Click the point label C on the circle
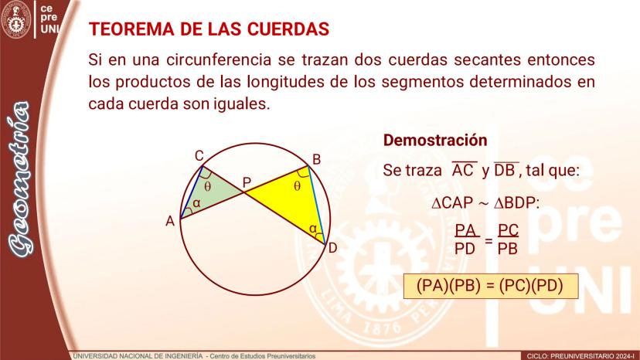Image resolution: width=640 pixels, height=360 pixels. [199, 156]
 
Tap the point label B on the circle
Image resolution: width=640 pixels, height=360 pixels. [316, 160]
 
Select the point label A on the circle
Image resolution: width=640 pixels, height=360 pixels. [170, 221]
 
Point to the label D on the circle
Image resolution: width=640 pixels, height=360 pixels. [332, 248]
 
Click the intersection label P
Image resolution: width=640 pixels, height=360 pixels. [247, 182]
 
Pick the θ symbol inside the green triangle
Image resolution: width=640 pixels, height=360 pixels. [208, 187]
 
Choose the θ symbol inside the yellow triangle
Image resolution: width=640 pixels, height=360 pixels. [297, 186]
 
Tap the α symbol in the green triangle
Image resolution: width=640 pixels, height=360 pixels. [196, 203]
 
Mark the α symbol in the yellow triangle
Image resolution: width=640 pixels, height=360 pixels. [313, 229]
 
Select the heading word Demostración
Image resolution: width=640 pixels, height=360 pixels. [435, 140]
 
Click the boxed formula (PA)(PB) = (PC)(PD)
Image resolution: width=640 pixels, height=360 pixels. [490, 286]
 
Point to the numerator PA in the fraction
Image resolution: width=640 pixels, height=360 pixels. [465, 230]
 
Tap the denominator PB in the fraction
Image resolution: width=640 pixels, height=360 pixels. [508, 248]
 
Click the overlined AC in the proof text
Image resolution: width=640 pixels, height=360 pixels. [463, 169]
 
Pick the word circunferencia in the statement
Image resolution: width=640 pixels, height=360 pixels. [219, 60]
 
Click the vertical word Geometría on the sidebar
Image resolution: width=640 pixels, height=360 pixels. [20, 178]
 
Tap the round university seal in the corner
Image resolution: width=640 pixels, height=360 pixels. [17, 19]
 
